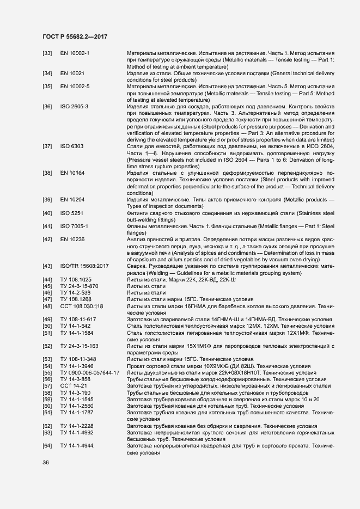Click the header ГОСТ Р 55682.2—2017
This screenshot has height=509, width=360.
75,36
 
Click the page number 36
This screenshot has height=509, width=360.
46,462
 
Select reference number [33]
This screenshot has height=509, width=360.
47,53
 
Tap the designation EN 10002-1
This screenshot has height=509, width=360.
75,53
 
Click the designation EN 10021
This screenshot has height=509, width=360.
72,73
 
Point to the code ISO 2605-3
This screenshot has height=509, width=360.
75,106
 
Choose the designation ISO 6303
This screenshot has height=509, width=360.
71,146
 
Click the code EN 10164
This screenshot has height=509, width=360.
72,173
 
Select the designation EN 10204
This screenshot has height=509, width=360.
72,199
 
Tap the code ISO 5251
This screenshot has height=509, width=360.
71,212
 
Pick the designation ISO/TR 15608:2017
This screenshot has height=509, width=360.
84,266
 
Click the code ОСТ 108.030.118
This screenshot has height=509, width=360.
82,306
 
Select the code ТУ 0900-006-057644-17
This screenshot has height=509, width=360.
89,372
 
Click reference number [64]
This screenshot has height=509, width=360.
47,446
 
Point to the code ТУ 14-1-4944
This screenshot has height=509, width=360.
76,446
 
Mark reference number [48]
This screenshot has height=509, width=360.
47,306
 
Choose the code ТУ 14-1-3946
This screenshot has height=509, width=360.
76,366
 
